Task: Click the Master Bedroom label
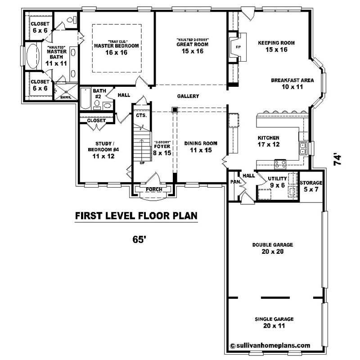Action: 116,46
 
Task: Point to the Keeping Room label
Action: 276,43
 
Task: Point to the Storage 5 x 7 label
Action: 311,185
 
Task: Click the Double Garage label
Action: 272,248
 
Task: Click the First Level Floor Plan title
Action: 136,216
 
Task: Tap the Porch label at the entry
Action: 154,189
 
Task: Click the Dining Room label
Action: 201,146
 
